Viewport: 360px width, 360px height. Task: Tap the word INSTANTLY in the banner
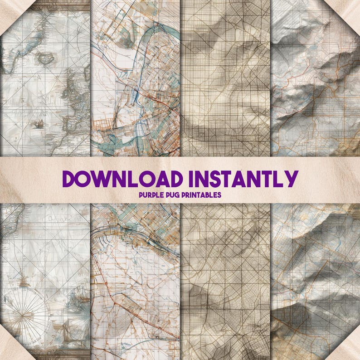point(242,178)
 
